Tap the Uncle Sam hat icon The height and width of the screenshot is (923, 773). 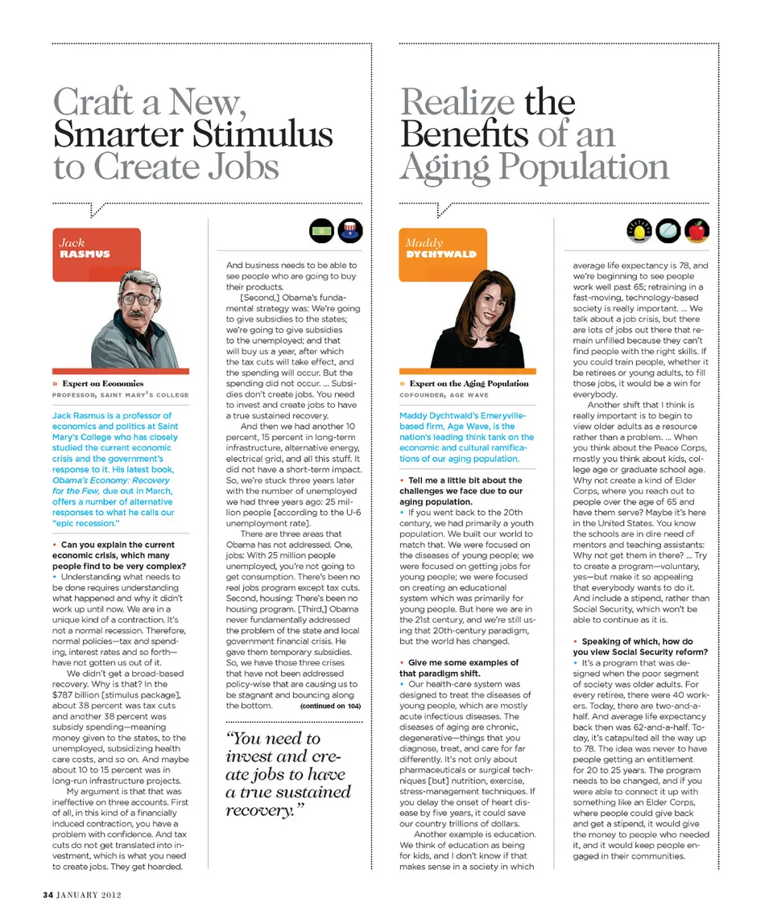point(350,232)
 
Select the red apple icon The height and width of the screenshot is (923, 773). point(697,232)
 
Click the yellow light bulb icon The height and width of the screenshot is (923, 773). point(638,232)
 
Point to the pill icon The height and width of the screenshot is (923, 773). point(668,232)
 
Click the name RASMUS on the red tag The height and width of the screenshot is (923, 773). point(85,254)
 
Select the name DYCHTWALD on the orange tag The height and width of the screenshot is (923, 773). point(440,254)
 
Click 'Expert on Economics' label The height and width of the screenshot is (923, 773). point(103,384)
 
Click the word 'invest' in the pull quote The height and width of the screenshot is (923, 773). point(249,756)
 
